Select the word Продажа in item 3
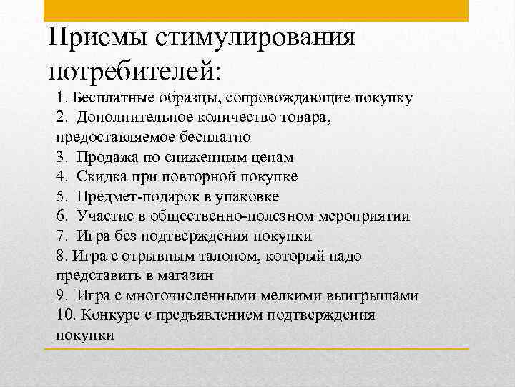click(x=107, y=157)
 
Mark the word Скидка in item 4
click(x=102, y=176)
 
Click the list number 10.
click(x=64, y=315)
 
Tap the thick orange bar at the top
click(x=256, y=10)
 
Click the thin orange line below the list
click(x=256, y=349)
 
